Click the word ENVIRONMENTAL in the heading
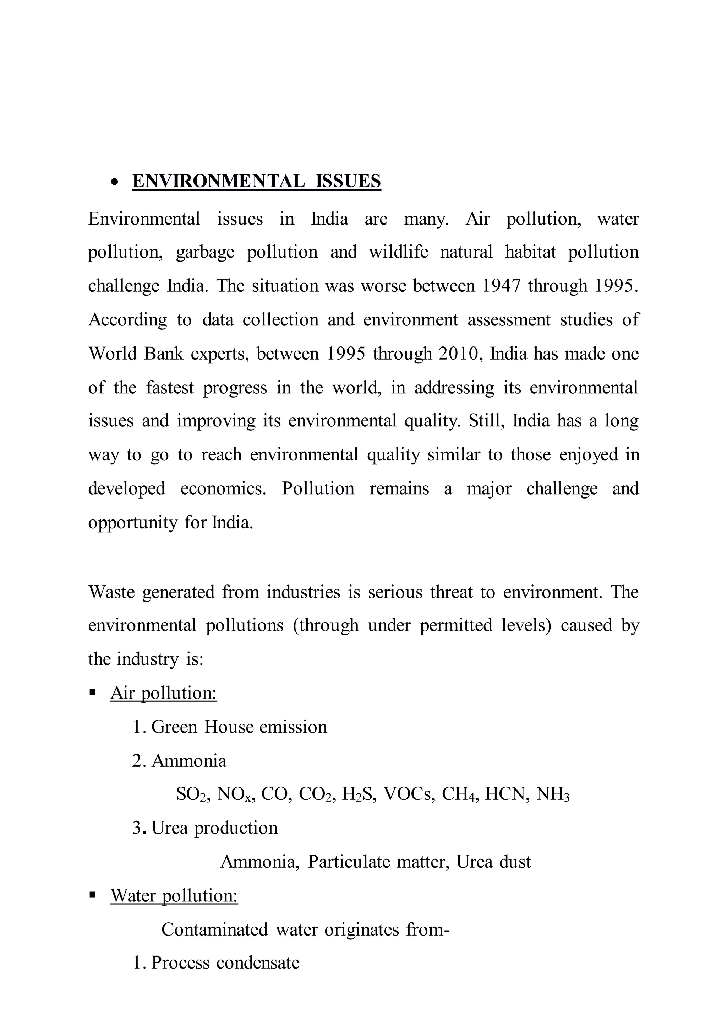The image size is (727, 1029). tap(218, 181)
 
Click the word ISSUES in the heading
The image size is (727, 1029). tap(348, 181)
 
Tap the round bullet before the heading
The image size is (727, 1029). tap(115, 182)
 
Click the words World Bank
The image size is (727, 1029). tap(136, 354)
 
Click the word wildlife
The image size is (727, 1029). tap(398, 252)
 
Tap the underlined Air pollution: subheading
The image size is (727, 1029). tap(163, 693)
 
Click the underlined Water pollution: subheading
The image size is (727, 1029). tap(174, 895)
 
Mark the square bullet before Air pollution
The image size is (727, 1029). tap(93, 693)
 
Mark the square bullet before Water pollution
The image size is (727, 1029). tap(93, 895)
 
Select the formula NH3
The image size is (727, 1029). tap(552, 794)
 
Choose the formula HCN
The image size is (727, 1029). tap(506, 794)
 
